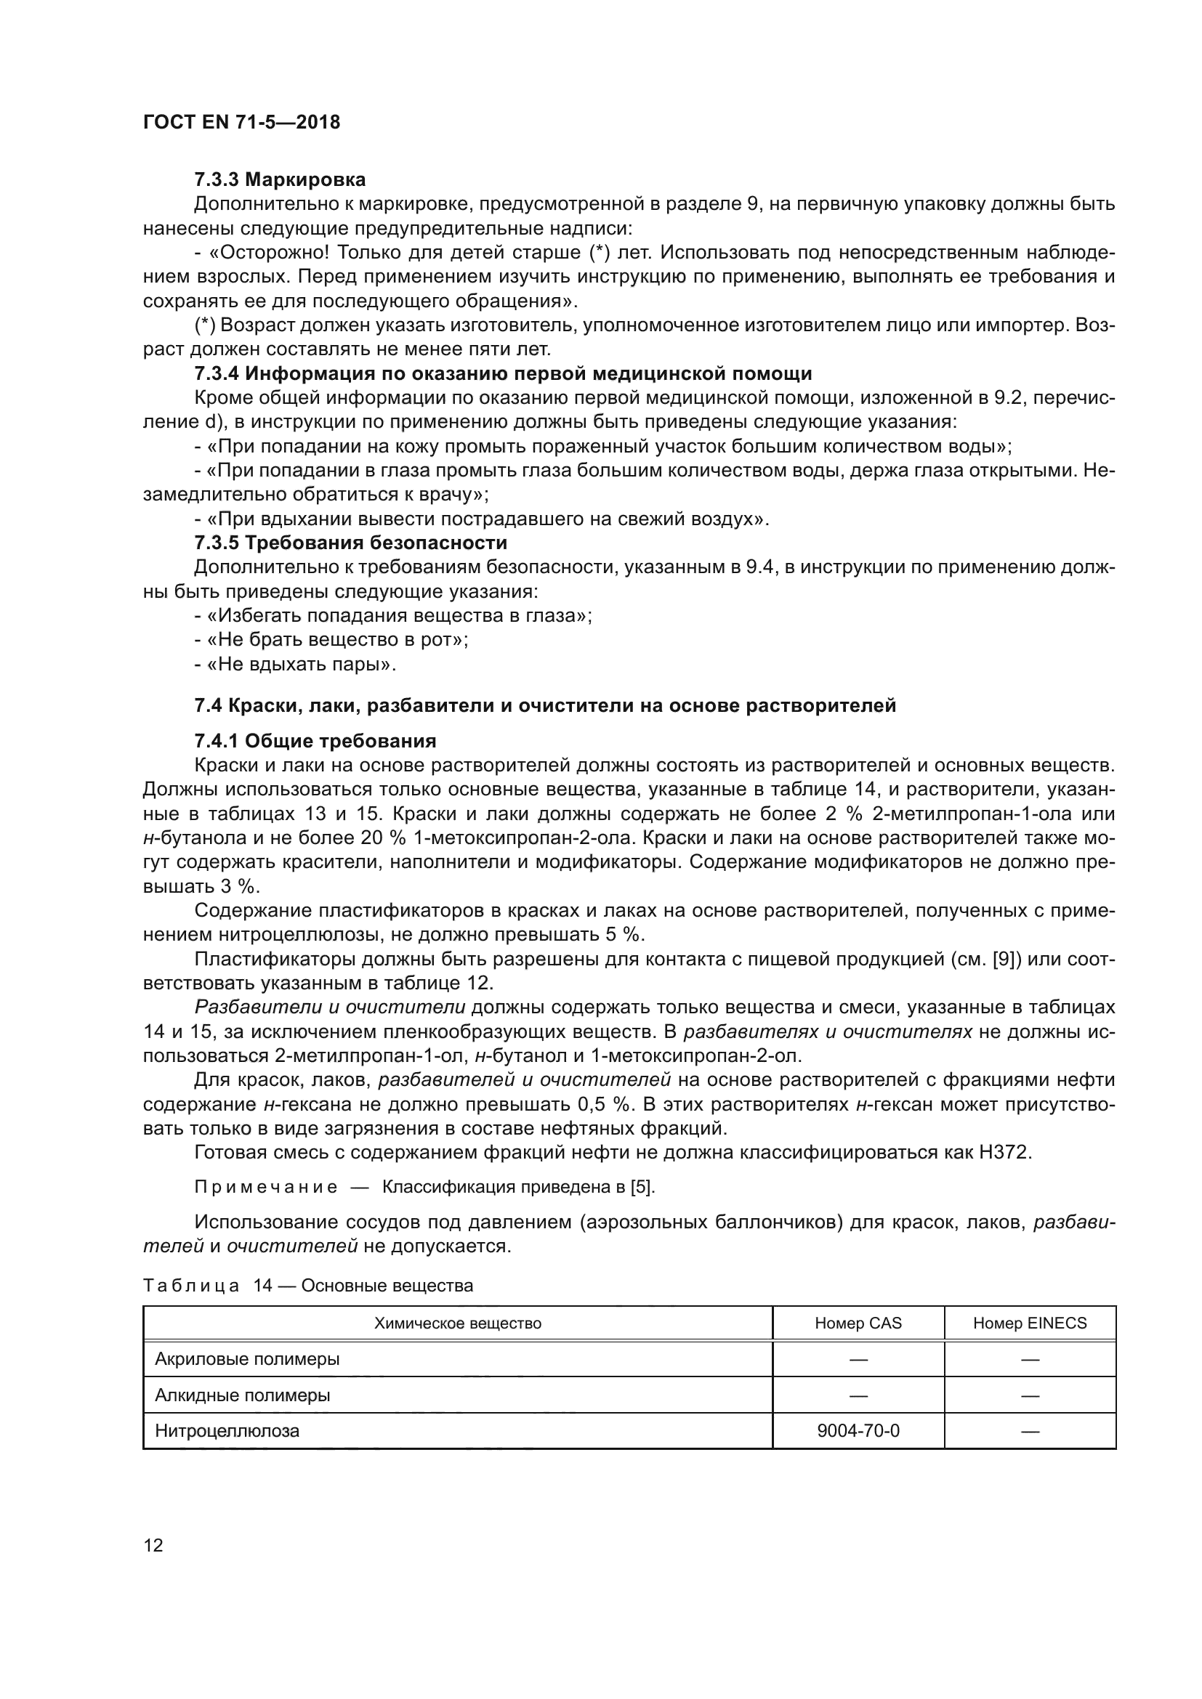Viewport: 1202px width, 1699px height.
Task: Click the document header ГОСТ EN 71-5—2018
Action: (241, 122)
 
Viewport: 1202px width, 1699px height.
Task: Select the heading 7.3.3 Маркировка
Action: (280, 180)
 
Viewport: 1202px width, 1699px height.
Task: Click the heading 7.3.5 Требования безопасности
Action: (350, 543)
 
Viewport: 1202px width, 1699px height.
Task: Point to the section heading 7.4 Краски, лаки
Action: (545, 705)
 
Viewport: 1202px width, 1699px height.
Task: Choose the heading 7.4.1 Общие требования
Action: (315, 741)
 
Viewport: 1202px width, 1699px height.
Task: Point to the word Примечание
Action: (266, 1188)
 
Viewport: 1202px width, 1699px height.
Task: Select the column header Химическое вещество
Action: (457, 1323)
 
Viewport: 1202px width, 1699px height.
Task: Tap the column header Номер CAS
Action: (858, 1323)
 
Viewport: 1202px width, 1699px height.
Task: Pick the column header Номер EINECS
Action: (1030, 1323)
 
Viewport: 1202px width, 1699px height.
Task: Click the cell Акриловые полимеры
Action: (247, 1358)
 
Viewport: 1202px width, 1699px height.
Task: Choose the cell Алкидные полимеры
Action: (242, 1395)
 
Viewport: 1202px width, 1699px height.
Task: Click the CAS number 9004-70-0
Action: (858, 1430)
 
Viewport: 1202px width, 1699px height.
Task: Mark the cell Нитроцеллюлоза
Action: (227, 1430)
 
